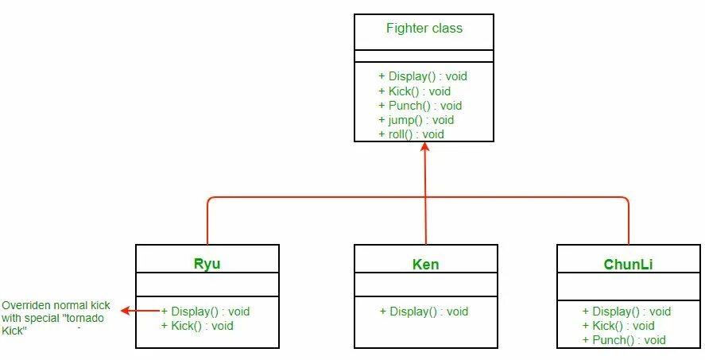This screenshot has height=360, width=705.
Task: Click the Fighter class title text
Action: pyautogui.click(x=424, y=29)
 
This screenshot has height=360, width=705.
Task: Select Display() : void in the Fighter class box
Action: pyautogui.click(x=423, y=76)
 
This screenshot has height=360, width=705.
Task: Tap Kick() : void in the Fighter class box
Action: pyautogui.click(x=414, y=91)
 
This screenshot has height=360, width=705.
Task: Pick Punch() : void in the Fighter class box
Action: pyautogui.click(x=420, y=106)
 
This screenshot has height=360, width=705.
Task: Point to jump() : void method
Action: pyautogui.click(x=416, y=120)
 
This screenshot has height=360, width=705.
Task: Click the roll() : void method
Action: pyautogui.click(x=411, y=134)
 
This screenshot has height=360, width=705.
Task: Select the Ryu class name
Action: pyautogui.click(x=207, y=264)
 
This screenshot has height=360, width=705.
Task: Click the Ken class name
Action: pyautogui.click(x=426, y=264)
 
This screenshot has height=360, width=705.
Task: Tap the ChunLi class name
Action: pyautogui.click(x=628, y=264)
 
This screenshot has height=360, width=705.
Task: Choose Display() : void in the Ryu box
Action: pyautogui.click(x=205, y=312)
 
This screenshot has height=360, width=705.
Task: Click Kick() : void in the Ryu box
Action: pyautogui.click(x=197, y=326)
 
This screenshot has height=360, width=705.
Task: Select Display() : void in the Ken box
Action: pyautogui.click(x=424, y=312)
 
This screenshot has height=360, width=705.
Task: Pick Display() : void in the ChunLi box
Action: pyautogui.click(x=626, y=312)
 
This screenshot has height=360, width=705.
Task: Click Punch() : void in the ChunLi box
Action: pyautogui.click(x=623, y=340)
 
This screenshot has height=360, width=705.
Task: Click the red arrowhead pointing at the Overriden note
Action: pyautogui.click(x=126, y=312)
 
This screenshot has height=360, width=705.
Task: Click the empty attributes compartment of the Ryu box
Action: pyautogui.click(x=207, y=285)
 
